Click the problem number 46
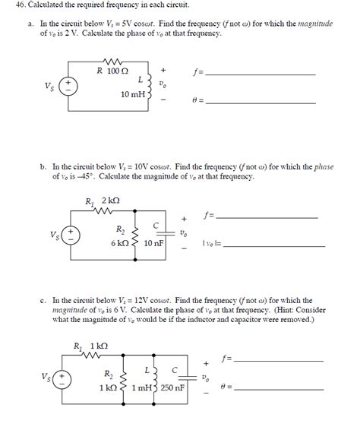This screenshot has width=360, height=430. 13,6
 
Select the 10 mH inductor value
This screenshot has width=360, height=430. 132,95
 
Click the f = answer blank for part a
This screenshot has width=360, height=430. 261,74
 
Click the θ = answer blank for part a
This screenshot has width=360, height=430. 261,102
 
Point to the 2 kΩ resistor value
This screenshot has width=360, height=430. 112,201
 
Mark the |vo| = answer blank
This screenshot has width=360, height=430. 270,244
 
